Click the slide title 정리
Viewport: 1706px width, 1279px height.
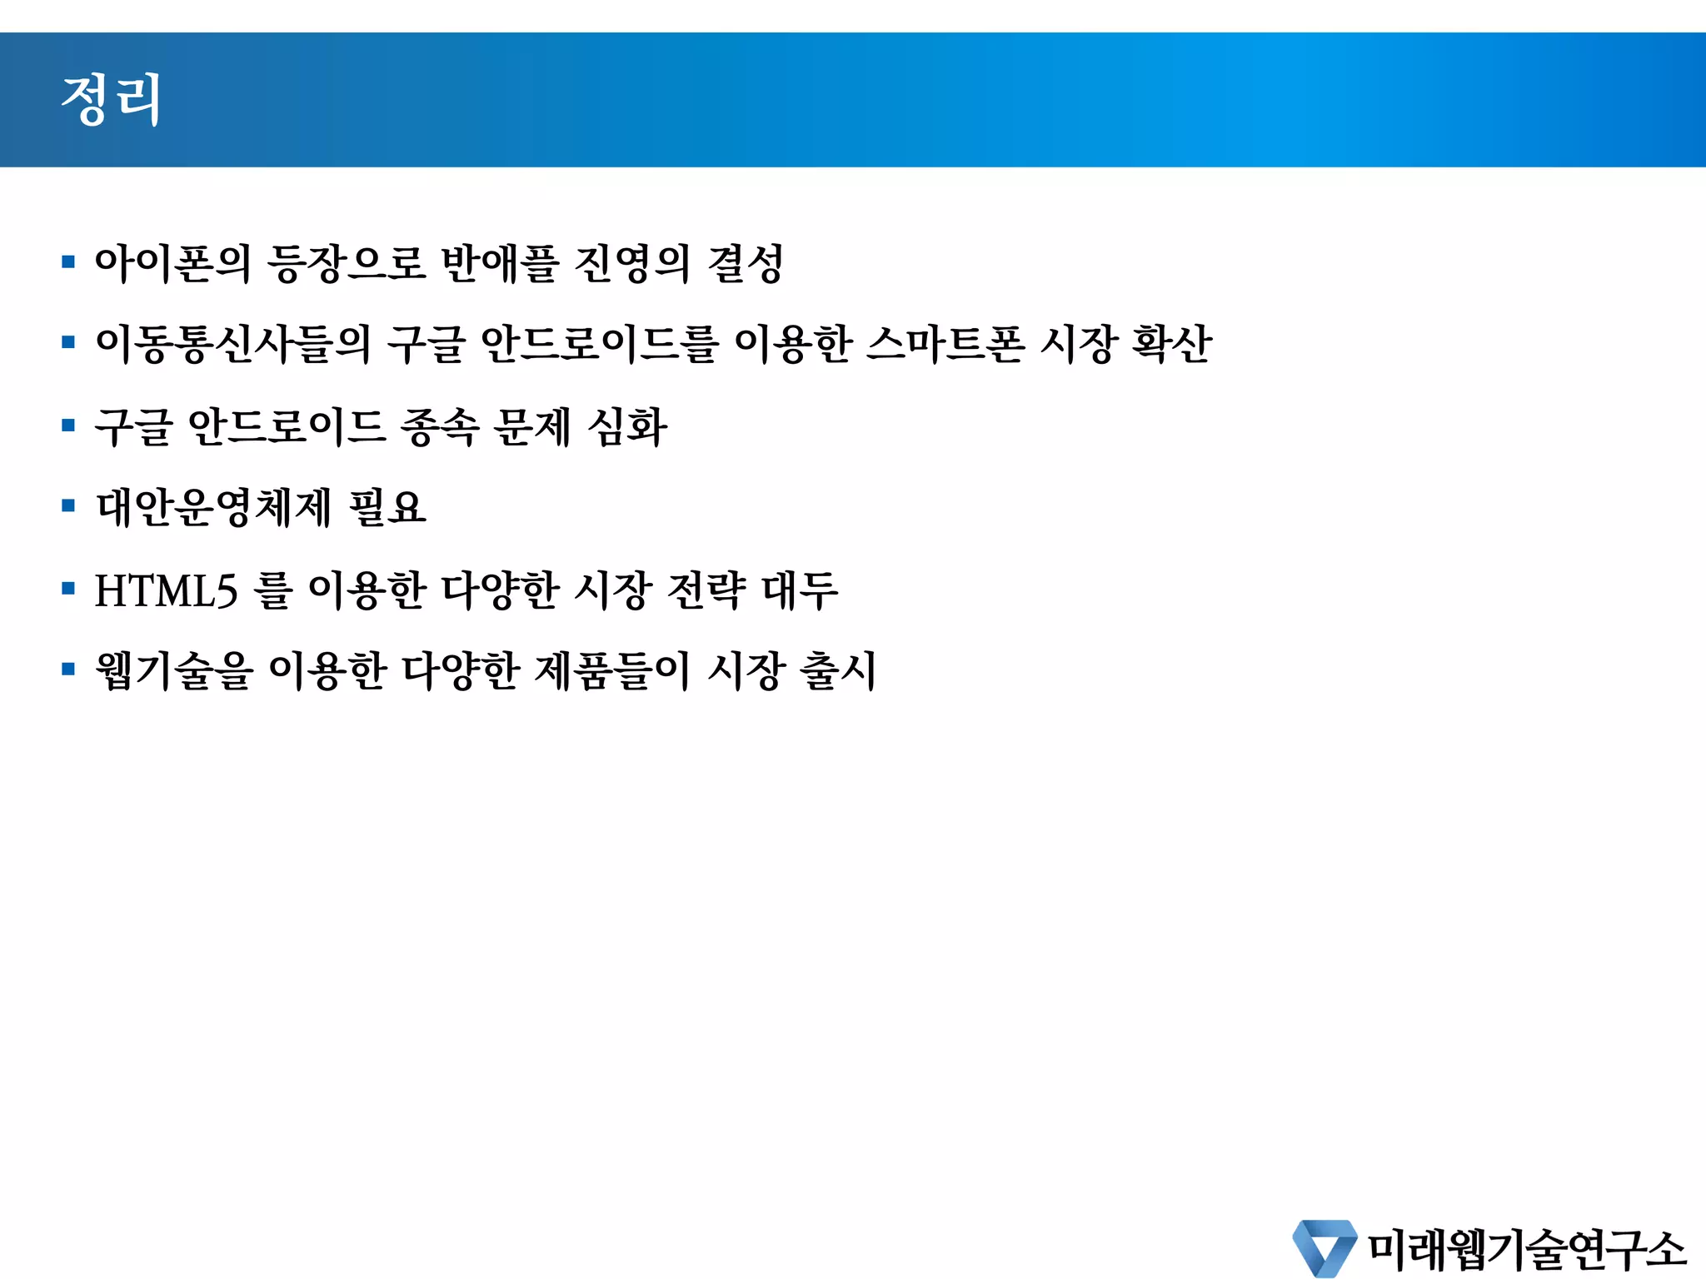(x=111, y=100)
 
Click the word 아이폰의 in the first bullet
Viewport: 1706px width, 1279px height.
(x=172, y=263)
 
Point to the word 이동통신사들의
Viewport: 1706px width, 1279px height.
(x=233, y=344)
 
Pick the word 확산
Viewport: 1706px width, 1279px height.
(x=1170, y=344)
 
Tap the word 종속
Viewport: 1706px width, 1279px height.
(x=440, y=427)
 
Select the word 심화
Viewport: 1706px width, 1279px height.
(x=627, y=427)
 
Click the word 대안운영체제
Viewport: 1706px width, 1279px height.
(x=214, y=507)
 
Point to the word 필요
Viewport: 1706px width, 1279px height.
(x=387, y=507)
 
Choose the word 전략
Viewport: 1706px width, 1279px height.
(x=707, y=590)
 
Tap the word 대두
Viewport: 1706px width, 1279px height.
(x=800, y=590)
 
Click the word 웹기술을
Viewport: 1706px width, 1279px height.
(x=173, y=670)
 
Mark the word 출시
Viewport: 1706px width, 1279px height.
(x=837, y=670)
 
